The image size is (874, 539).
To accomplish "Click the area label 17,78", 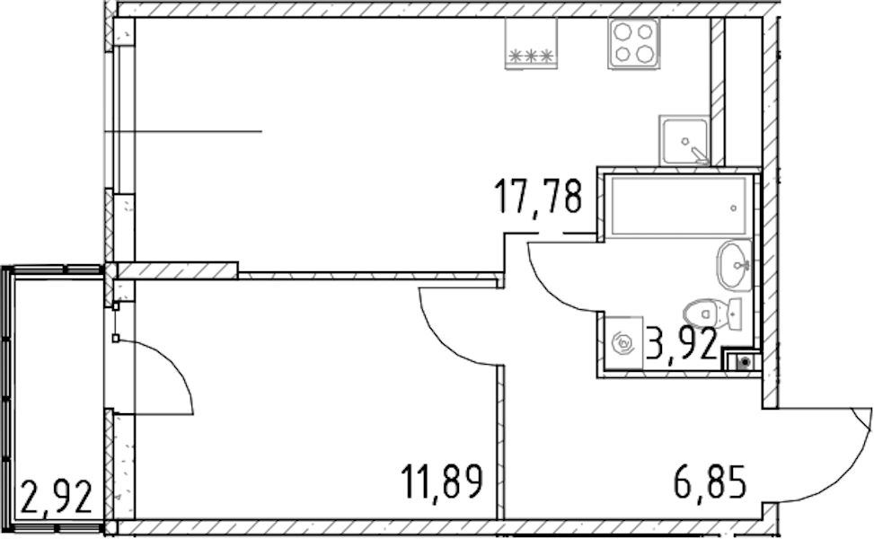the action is point(538,196).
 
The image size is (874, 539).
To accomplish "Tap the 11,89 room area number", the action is point(441,482).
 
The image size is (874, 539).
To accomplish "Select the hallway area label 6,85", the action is point(710,482).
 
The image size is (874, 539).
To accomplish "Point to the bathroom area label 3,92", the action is point(682,344).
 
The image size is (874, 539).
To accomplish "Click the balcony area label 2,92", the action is point(56,498).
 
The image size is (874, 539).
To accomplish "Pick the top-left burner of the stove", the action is point(622,31).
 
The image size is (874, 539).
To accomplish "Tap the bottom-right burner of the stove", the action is point(645,54).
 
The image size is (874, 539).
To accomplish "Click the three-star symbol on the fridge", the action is point(531,56).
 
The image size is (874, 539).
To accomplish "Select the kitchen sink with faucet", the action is point(684,140).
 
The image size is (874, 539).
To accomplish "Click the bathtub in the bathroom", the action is point(678,207).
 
